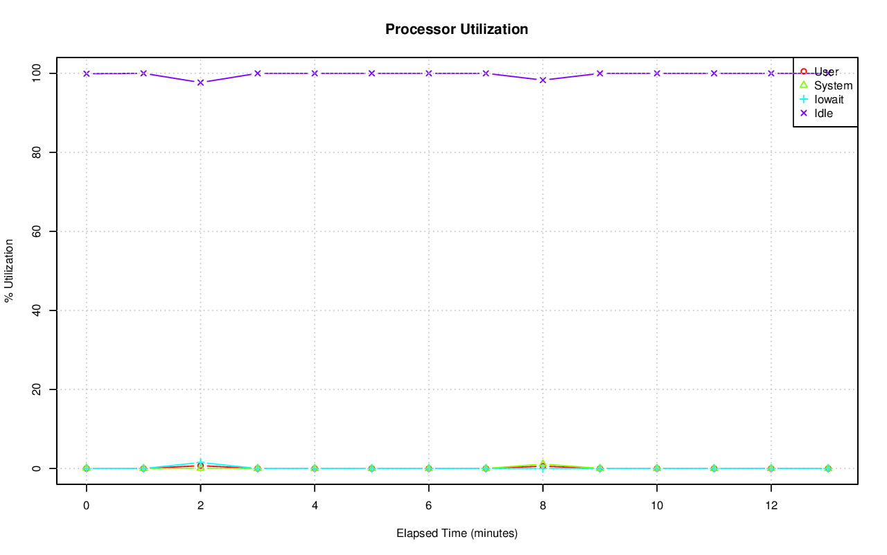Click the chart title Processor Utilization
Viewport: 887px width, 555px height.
click(457, 29)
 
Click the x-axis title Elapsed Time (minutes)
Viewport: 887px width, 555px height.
click(457, 534)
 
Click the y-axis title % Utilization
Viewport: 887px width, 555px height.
click(10, 270)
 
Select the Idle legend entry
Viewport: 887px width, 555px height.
click(823, 113)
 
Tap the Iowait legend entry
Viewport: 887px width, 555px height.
click(829, 99)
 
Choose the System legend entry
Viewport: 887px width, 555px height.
click(833, 85)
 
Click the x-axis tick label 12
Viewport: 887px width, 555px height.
click(771, 506)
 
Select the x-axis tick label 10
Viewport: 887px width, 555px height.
click(657, 506)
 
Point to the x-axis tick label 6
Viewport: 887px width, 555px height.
click(429, 506)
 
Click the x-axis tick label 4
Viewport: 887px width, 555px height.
click(315, 506)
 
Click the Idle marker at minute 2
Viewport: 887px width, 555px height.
click(200, 82)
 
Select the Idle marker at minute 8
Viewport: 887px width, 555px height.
click(543, 80)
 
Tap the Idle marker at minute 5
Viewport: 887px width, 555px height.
click(371, 73)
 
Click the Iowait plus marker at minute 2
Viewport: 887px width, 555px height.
click(200, 462)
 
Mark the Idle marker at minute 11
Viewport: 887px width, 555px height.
click(714, 73)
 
